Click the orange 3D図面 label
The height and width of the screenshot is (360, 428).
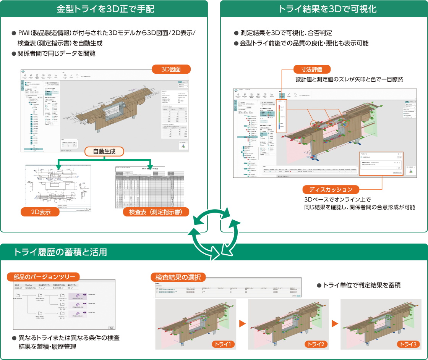171,69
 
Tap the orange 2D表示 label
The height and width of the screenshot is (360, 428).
41,212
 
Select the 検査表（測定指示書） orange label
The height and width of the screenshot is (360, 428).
156,212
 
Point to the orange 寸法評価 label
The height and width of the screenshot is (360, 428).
312,69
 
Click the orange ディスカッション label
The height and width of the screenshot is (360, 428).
331,189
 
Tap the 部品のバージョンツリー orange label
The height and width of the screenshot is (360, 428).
44,277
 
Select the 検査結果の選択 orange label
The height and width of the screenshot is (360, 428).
178,277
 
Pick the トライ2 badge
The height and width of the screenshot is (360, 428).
316,344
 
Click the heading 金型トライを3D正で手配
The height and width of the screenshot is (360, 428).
104,8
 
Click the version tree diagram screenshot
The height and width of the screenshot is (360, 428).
64,304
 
